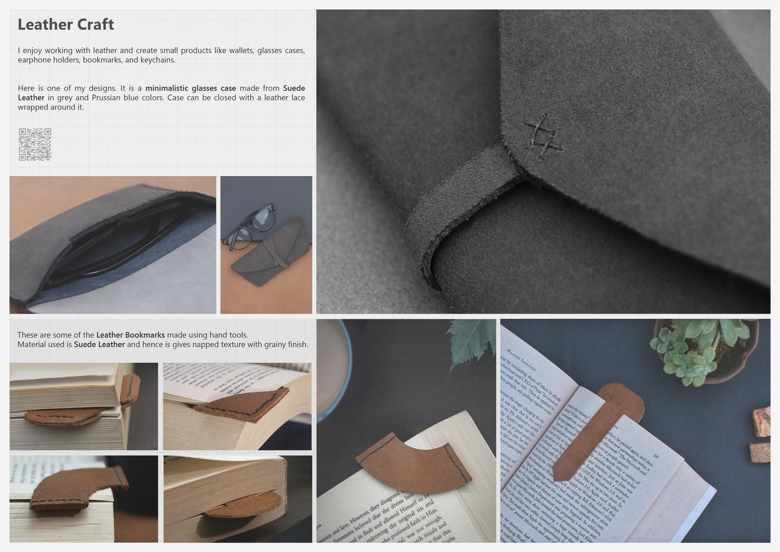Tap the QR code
(x=35, y=144)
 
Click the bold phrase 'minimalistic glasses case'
(x=191, y=88)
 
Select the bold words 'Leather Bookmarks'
(x=130, y=335)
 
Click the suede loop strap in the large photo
(x=455, y=211)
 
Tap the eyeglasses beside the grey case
(x=249, y=226)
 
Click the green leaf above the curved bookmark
(x=472, y=344)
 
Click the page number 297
(x=656, y=456)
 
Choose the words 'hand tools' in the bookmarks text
(x=228, y=335)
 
